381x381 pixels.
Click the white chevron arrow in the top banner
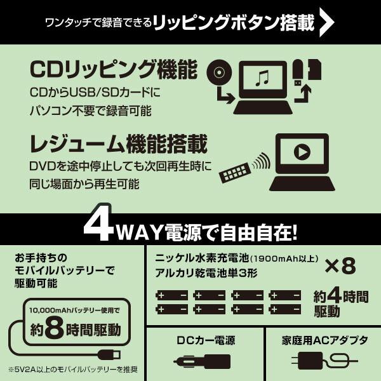coord(326,22)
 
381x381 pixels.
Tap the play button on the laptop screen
coord(302,153)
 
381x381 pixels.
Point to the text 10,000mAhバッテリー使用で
coord(74,311)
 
